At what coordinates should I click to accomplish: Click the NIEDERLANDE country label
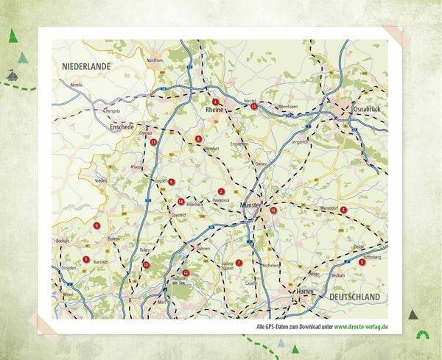(86, 66)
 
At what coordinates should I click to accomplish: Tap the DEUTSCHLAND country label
(354, 297)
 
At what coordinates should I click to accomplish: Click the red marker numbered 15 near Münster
(273, 211)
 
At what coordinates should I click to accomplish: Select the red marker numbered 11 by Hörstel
(253, 107)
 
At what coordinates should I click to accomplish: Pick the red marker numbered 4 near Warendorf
(343, 210)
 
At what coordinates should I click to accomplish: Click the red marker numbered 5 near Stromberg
(362, 261)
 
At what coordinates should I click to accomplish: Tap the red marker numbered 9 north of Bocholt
(97, 225)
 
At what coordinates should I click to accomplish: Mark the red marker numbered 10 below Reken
(146, 264)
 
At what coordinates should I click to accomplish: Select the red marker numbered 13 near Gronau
(153, 142)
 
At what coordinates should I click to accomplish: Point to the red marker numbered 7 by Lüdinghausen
(239, 262)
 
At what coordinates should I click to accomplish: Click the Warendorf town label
(328, 208)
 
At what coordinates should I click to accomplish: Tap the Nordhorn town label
(155, 60)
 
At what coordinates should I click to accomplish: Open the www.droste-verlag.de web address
(361, 326)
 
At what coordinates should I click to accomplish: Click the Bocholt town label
(63, 241)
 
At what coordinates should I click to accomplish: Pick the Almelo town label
(76, 85)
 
